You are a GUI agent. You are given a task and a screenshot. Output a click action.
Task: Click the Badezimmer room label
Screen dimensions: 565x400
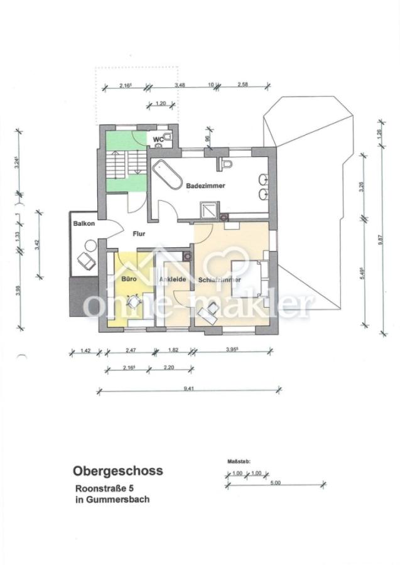click(205, 186)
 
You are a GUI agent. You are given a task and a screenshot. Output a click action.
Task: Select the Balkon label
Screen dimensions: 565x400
click(84, 223)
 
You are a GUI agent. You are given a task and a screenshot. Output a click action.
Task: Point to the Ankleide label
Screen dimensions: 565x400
click(173, 279)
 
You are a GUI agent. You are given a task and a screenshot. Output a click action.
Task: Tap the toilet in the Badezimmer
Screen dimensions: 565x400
click(227, 164)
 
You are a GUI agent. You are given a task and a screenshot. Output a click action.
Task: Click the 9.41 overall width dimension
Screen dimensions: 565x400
click(188, 389)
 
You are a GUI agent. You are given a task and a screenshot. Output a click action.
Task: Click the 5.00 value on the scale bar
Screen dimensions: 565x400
click(276, 483)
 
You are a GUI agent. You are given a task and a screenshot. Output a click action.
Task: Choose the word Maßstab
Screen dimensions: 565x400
click(239, 461)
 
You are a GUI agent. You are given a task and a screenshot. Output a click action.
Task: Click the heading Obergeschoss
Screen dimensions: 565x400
click(118, 470)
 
